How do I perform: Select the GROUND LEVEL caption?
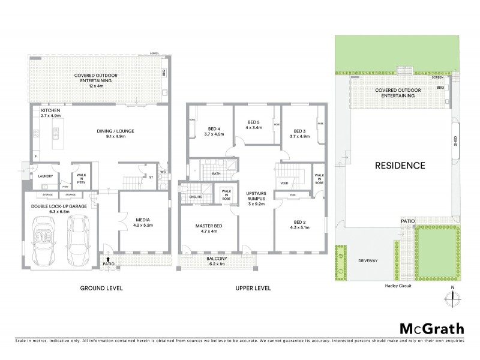[x=101, y=288]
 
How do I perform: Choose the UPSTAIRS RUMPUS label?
[x=256, y=196]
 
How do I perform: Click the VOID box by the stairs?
[x=284, y=184]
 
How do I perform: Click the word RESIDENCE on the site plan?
[x=400, y=165]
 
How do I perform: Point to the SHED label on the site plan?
[x=455, y=142]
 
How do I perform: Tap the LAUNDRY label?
[x=46, y=176]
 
